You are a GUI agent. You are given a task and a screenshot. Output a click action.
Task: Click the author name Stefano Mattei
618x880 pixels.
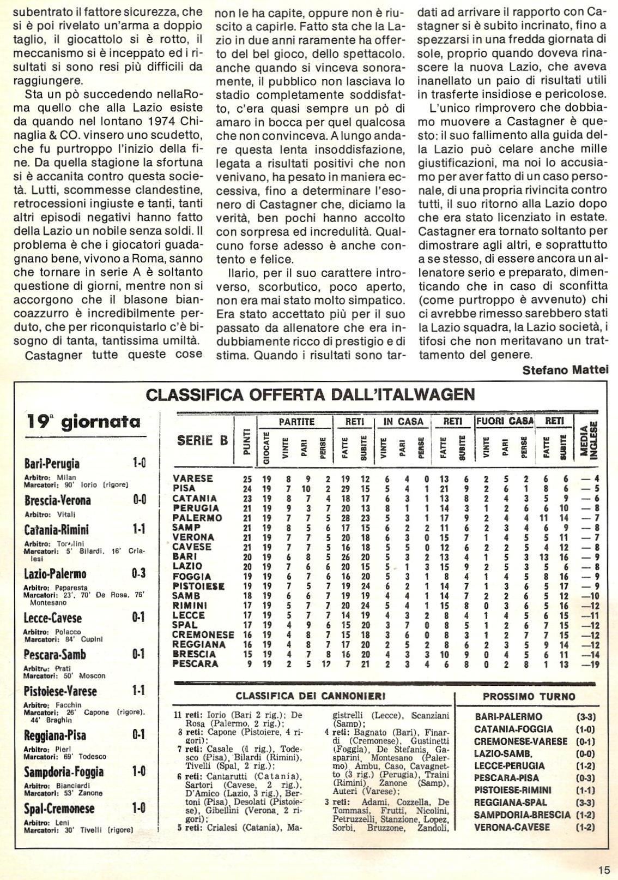pyautogui.click(x=565, y=370)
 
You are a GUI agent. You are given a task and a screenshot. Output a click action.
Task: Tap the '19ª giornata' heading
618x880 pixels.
pyautogui.click(x=83, y=422)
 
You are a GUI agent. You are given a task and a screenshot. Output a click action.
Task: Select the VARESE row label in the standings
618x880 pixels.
pyautogui.click(x=192, y=478)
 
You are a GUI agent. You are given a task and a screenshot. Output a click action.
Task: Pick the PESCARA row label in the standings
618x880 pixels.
pyautogui.click(x=195, y=664)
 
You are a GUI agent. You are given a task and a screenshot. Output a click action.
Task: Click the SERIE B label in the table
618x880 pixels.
pyautogui.click(x=202, y=441)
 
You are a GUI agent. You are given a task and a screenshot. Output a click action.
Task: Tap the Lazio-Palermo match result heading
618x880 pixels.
pyautogui.click(x=55, y=574)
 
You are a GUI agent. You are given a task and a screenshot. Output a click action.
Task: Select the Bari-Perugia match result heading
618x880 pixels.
pyautogui.click(x=52, y=464)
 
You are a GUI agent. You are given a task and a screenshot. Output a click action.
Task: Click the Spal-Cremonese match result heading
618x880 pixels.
pyautogui.click(x=59, y=809)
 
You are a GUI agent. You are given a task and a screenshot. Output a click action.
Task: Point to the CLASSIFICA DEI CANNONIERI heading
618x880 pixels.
pyautogui.click(x=310, y=696)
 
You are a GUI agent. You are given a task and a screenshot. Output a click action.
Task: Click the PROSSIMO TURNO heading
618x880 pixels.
pyautogui.click(x=529, y=697)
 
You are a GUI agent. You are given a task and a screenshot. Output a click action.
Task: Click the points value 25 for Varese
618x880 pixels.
pyautogui.click(x=247, y=478)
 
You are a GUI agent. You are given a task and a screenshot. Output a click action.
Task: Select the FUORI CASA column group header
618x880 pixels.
pyautogui.click(x=505, y=422)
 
